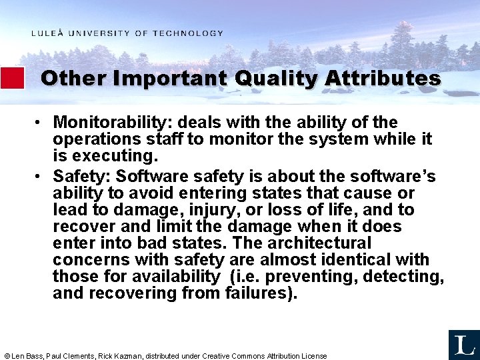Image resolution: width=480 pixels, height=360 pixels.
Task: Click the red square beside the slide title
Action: tap(12, 78)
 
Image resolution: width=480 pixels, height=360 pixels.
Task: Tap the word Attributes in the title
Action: tap(383, 79)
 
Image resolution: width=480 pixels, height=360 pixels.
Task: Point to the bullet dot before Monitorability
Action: tap(41, 123)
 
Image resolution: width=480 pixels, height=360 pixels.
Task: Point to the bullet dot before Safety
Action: tap(41, 176)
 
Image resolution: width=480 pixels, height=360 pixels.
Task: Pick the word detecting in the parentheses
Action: tap(402, 276)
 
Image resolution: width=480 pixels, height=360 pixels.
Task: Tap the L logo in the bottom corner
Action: tap(463, 345)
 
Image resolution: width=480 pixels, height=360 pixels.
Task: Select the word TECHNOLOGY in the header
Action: tap(188, 33)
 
